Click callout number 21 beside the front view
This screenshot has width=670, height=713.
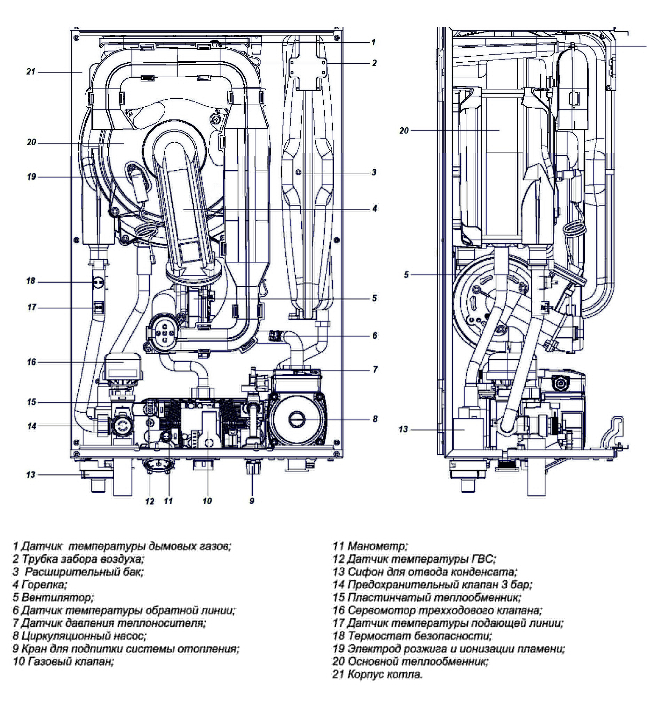31,72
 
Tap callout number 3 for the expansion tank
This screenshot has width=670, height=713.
374,173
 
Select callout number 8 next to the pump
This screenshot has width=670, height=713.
375,418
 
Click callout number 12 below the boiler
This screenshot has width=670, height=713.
149,501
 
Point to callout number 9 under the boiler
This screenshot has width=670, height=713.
252,501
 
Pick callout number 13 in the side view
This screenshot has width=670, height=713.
403,429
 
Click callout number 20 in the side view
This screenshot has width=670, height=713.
404,131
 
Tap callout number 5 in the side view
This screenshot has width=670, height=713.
406,275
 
